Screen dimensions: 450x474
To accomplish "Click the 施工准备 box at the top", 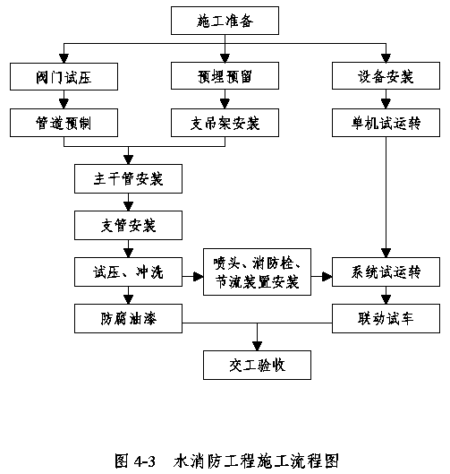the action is click(225, 21).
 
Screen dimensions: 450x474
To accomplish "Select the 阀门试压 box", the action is click(64, 76).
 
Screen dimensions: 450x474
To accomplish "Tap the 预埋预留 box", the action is click(225, 76).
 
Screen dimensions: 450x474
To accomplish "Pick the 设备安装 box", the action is click(386, 76).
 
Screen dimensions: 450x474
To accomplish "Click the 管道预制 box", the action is click(64, 123).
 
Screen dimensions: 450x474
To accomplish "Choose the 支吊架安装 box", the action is click(225, 123).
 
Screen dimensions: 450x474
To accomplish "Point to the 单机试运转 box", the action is click(386, 123).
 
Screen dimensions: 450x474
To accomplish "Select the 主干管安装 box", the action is click(128, 178).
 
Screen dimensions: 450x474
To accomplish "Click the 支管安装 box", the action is click(128, 225).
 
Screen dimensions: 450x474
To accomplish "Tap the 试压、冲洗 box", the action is click(128, 271).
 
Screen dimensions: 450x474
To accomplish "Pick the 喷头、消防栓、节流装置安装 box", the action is click(257, 271).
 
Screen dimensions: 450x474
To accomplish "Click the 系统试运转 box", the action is click(386, 271).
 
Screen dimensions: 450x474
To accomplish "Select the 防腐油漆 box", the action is click(128, 318).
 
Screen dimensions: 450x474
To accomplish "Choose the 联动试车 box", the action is click(386, 318).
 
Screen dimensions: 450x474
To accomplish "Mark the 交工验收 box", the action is click(257, 365).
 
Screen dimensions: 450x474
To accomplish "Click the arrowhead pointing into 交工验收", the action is click(257, 346).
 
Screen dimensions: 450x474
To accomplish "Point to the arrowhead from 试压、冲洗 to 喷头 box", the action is click(199, 276).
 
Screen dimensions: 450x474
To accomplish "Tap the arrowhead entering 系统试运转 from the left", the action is click(327, 276).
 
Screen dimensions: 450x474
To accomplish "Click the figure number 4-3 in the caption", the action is click(145, 461).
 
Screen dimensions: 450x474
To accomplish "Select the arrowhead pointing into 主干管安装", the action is click(128, 159).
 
